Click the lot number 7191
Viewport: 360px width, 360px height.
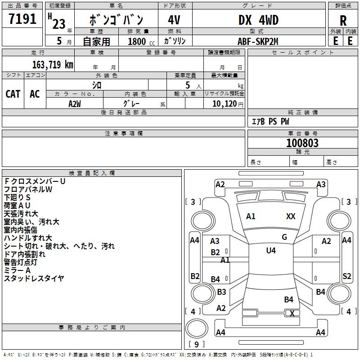tap(22, 19)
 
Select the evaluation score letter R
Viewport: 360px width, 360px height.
tap(343, 20)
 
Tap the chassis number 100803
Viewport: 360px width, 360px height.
tap(302, 143)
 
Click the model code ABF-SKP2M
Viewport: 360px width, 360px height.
tap(258, 41)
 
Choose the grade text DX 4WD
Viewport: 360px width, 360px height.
tap(258, 20)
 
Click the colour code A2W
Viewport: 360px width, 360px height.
tap(74, 103)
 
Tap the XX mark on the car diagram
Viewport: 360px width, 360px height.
tap(291, 216)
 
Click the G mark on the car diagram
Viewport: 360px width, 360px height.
tap(284, 237)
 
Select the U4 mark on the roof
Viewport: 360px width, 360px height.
tap(270, 251)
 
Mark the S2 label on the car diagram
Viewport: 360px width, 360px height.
tap(346, 276)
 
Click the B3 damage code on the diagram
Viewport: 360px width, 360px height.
tap(221, 292)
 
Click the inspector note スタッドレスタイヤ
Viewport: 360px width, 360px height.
tap(34, 279)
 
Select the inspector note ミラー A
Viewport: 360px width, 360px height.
tap(17, 270)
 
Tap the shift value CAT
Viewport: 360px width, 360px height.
tap(13, 94)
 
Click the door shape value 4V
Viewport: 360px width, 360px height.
tap(174, 20)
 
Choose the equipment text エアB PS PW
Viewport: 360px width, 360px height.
tap(270, 122)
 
